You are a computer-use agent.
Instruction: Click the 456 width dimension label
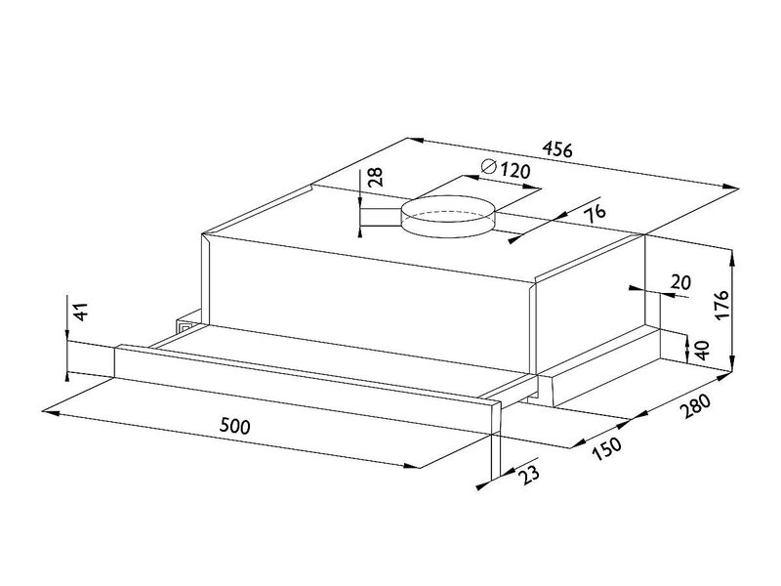pyautogui.click(x=557, y=149)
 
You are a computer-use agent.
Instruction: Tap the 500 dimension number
pyautogui.click(x=235, y=426)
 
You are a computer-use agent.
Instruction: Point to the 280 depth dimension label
pyautogui.click(x=697, y=405)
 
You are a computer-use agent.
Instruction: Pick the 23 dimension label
pyautogui.click(x=528, y=473)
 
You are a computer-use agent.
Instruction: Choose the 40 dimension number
pyautogui.click(x=701, y=351)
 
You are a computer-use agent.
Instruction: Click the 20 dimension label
pyautogui.click(x=681, y=282)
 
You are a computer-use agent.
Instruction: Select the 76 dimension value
pyautogui.click(x=595, y=212)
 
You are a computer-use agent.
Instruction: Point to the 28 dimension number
pyautogui.click(x=375, y=177)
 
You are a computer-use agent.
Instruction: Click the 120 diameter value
pyautogui.click(x=514, y=171)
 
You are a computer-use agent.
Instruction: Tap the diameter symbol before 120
pyautogui.click(x=489, y=166)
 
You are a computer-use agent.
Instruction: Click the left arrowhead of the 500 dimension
pyautogui.click(x=51, y=412)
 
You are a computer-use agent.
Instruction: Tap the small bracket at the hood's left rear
pyautogui.click(x=188, y=322)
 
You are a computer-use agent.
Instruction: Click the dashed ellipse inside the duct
pyautogui.click(x=448, y=217)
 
